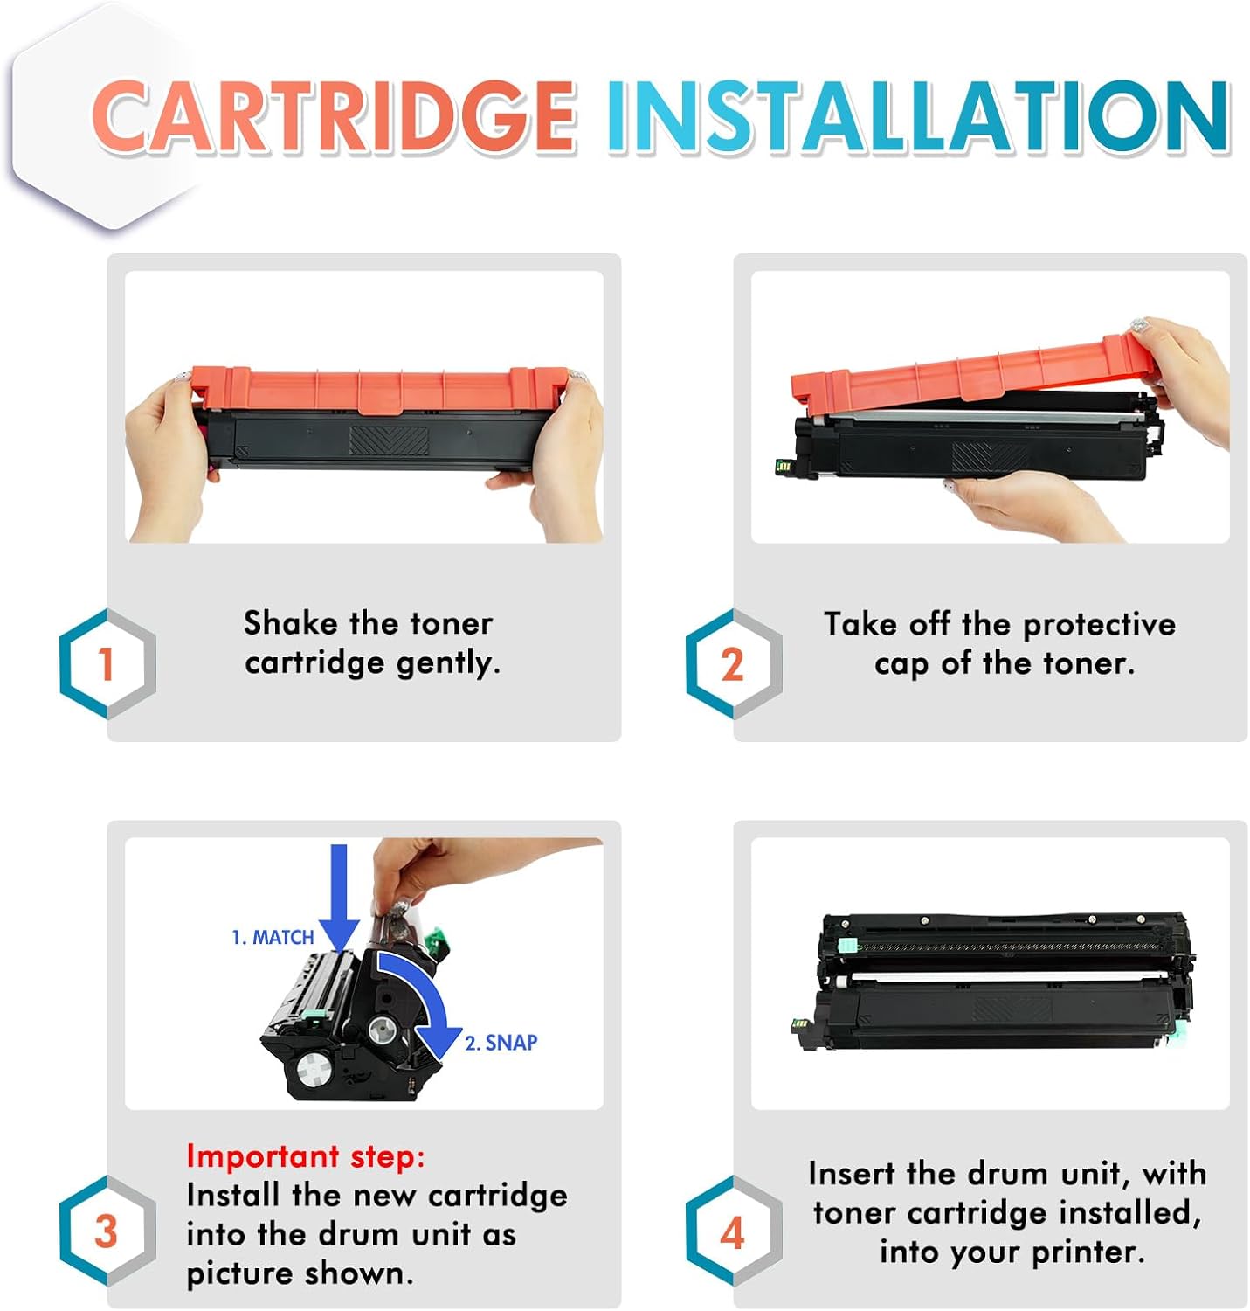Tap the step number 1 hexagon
click(x=107, y=664)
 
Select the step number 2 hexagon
click(x=732, y=664)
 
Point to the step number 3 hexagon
click(x=107, y=1231)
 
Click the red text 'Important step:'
click(x=305, y=1155)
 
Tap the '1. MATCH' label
click(x=273, y=937)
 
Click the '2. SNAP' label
click(x=501, y=1042)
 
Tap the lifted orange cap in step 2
click(x=970, y=371)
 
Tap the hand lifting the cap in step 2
click(x=1188, y=376)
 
